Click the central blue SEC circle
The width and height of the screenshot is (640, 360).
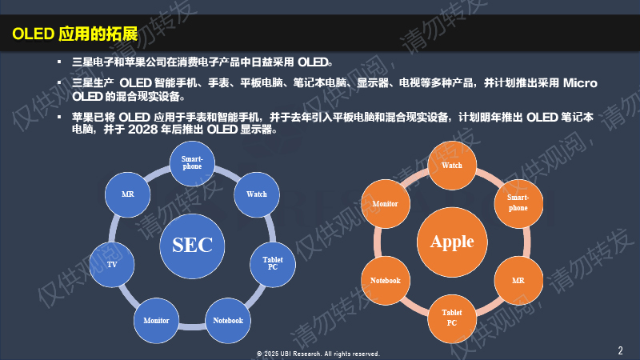(x=192, y=246)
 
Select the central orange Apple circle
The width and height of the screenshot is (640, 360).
(x=452, y=242)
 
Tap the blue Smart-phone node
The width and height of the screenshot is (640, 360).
(x=192, y=163)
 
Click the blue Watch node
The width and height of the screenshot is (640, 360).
(x=256, y=194)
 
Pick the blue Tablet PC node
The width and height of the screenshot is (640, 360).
(x=272, y=264)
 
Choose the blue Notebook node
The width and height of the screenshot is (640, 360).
(x=228, y=321)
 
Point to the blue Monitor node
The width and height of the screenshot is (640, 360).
(x=156, y=321)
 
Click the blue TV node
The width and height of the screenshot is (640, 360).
(x=111, y=265)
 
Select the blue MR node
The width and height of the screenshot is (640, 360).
(x=127, y=194)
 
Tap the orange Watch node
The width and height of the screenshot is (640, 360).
(x=452, y=166)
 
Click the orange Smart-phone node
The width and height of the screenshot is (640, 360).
(x=518, y=203)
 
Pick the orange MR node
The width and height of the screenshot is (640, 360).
(x=518, y=281)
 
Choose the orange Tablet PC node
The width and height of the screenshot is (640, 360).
(x=452, y=318)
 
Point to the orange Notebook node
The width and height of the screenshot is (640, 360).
(x=386, y=281)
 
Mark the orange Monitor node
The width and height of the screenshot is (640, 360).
(x=386, y=204)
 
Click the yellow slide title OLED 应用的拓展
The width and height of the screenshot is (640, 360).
(x=75, y=34)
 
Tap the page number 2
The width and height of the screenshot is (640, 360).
(x=620, y=350)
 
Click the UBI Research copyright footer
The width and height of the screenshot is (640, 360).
(x=318, y=354)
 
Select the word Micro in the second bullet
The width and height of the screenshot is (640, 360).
(x=580, y=83)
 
